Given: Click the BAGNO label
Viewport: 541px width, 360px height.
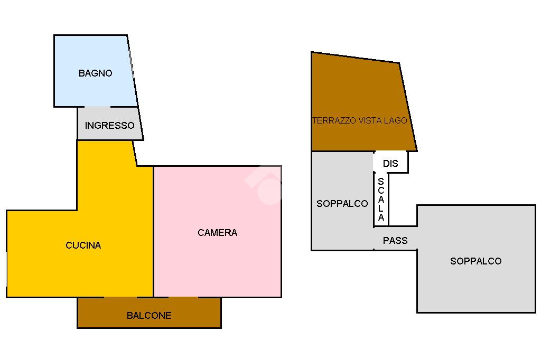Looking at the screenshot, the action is [x=95, y=73].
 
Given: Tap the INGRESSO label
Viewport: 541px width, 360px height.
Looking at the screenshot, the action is [x=109, y=126].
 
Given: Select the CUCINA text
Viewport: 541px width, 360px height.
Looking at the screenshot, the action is [x=83, y=245].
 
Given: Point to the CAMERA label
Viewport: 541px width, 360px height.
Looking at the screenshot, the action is [x=217, y=232].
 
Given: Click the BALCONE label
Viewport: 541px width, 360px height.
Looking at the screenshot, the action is [x=149, y=316].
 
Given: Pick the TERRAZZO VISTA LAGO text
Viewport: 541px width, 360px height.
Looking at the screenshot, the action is [x=359, y=120].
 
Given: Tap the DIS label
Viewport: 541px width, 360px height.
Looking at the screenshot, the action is [x=390, y=164].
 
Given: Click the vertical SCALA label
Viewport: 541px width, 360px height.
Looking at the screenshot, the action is [x=381, y=200].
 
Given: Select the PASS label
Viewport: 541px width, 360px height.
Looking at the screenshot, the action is [x=395, y=240].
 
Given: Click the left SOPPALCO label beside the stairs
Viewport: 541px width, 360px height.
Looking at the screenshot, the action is [x=342, y=203].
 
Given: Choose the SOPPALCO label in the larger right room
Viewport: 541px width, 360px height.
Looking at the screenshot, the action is [x=475, y=261].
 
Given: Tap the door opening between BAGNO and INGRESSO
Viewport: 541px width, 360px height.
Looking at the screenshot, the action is [x=97, y=107].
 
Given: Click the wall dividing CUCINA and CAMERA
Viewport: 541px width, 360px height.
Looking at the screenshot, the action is [x=153, y=232].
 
